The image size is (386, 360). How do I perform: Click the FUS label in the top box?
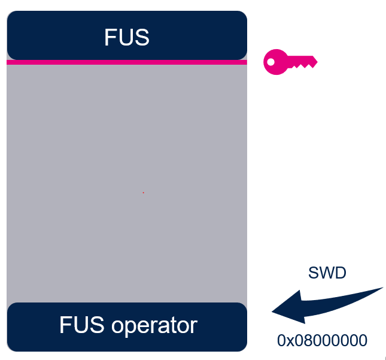point(126,37)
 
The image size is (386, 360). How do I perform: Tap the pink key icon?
point(290,61)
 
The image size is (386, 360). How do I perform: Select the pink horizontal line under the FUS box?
point(126,62)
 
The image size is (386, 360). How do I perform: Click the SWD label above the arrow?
point(327,273)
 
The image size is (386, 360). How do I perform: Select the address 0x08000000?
point(322,341)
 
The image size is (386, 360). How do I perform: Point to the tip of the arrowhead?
point(273,311)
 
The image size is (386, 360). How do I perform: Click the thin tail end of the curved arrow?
point(381,289)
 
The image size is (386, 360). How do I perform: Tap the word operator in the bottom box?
point(154,325)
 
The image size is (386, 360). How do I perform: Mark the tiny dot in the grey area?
point(143,192)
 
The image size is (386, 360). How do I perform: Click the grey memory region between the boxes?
point(126,150)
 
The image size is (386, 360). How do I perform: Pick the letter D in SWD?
point(341,273)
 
